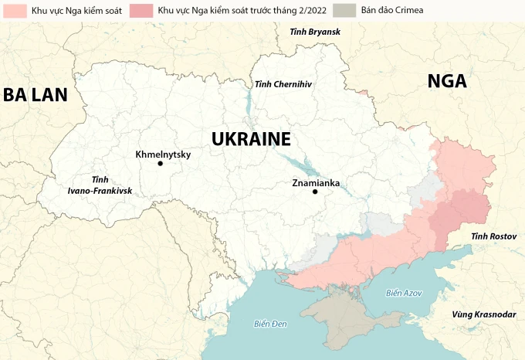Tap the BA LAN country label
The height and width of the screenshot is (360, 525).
pos(35,95)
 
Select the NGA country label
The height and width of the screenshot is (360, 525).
pos(447,82)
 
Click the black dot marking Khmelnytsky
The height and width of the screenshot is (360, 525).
pos(160,164)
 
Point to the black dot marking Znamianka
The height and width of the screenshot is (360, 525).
pos(315,192)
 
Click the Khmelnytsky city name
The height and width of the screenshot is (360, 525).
pos(162,154)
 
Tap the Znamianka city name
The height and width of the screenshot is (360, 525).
pos(316,183)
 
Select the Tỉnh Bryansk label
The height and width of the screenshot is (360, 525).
pos(314,32)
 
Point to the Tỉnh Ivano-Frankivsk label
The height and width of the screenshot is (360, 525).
pos(100,184)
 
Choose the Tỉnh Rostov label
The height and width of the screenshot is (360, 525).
pos(493,235)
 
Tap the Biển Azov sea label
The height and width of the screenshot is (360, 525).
pos(403,293)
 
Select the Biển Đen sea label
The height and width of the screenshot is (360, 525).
pos(270,323)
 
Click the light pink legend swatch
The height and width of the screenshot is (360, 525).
pos(15,12)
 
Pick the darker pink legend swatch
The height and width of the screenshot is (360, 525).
pos(141,12)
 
